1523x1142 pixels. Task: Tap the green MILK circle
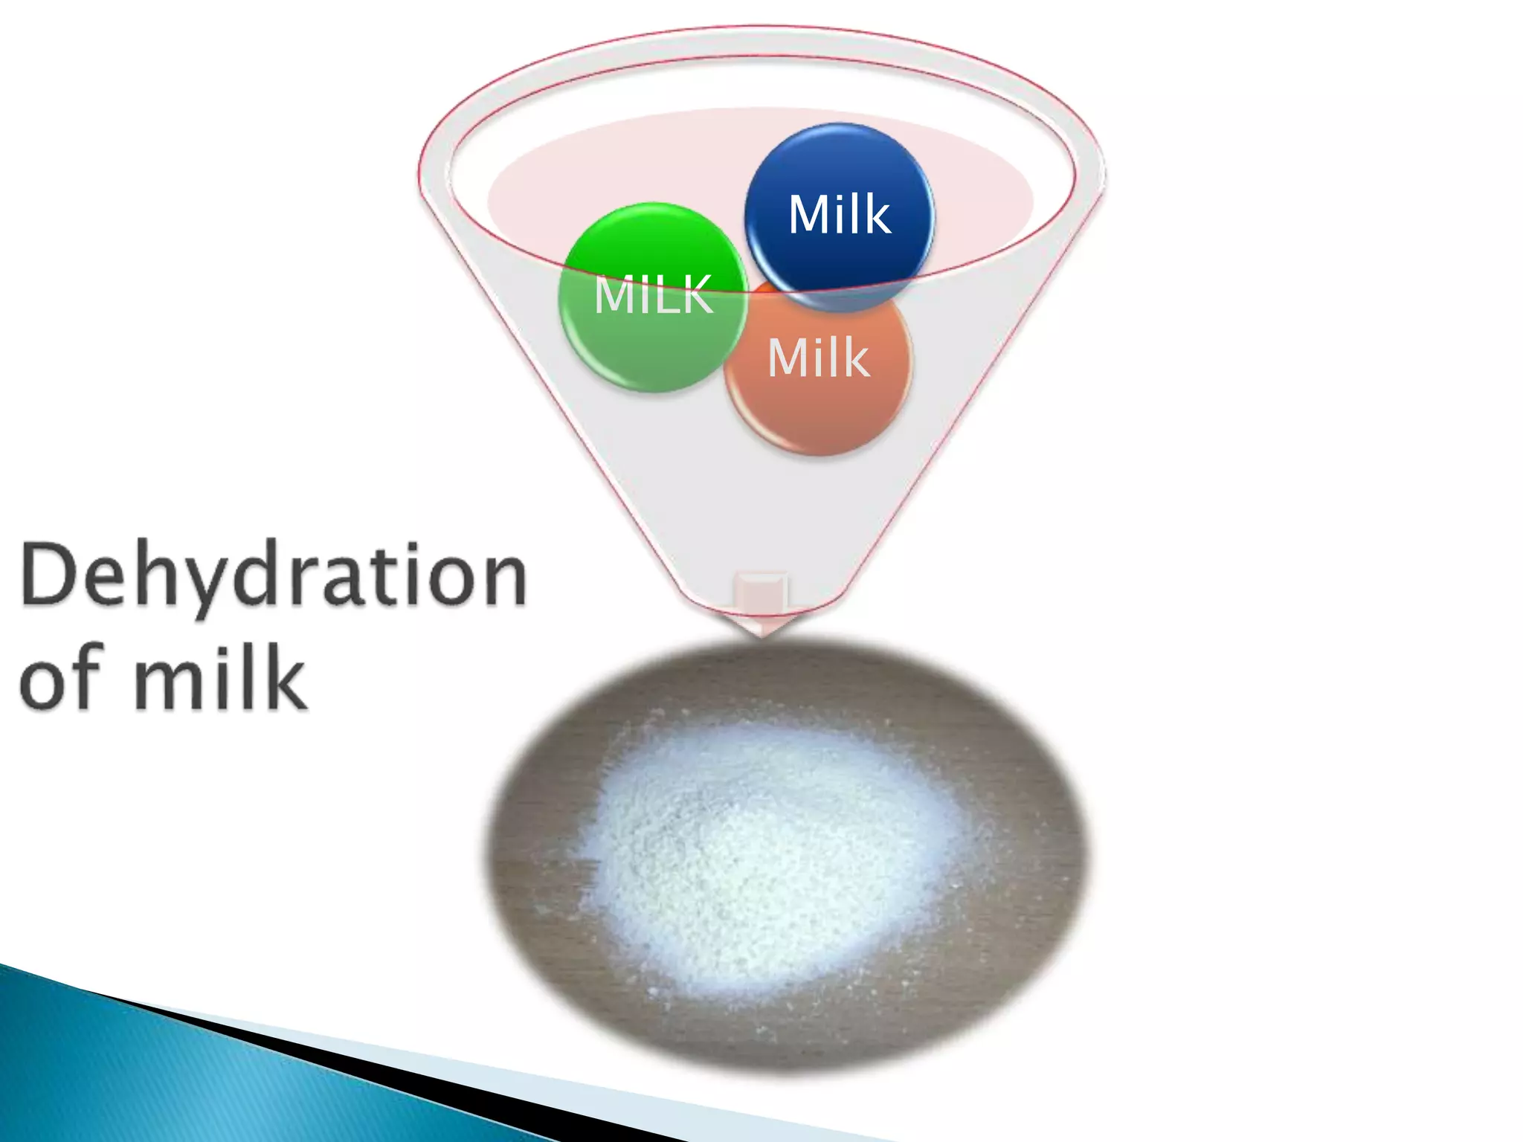[653, 342]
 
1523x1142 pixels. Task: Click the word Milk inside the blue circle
[839, 215]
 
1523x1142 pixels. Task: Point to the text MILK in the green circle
[653, 294]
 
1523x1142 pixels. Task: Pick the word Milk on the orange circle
[818, 358]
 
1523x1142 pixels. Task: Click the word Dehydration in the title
[274, 575]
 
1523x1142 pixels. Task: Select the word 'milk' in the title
[219, 677]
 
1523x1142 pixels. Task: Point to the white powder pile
[773, 855]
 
